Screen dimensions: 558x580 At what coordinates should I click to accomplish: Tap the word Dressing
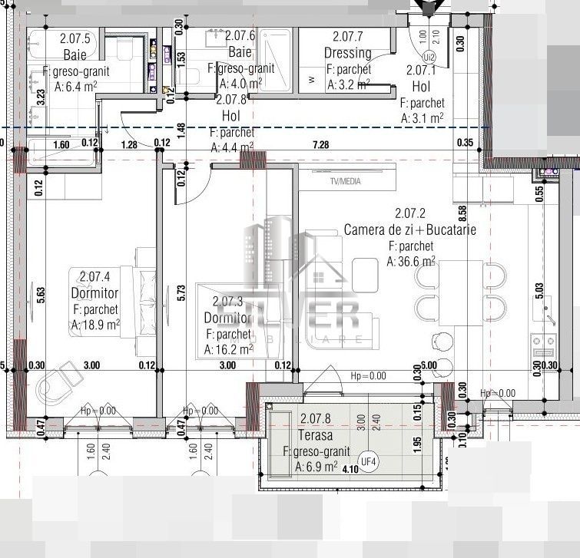[x=347, y=53]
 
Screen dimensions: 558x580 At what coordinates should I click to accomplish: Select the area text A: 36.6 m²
[x=412, y=262]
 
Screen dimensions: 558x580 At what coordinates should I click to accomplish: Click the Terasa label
[x=316, y=435]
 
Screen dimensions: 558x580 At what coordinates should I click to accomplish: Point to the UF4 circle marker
[x=370, y=461]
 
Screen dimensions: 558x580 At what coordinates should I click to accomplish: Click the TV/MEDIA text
[x=345, y=182]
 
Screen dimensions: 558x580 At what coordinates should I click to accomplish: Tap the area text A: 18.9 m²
[x=95, y=325]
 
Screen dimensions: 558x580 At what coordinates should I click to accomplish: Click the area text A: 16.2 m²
[x=229, y=349]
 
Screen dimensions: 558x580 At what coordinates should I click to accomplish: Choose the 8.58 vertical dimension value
[x=462, y=214]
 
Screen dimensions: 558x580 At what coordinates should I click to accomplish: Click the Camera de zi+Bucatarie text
[x=410, y=229]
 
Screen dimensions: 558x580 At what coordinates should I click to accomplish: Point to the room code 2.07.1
[x=422, y=71]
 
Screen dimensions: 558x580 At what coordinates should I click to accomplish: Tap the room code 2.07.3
[x=227, y=302]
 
